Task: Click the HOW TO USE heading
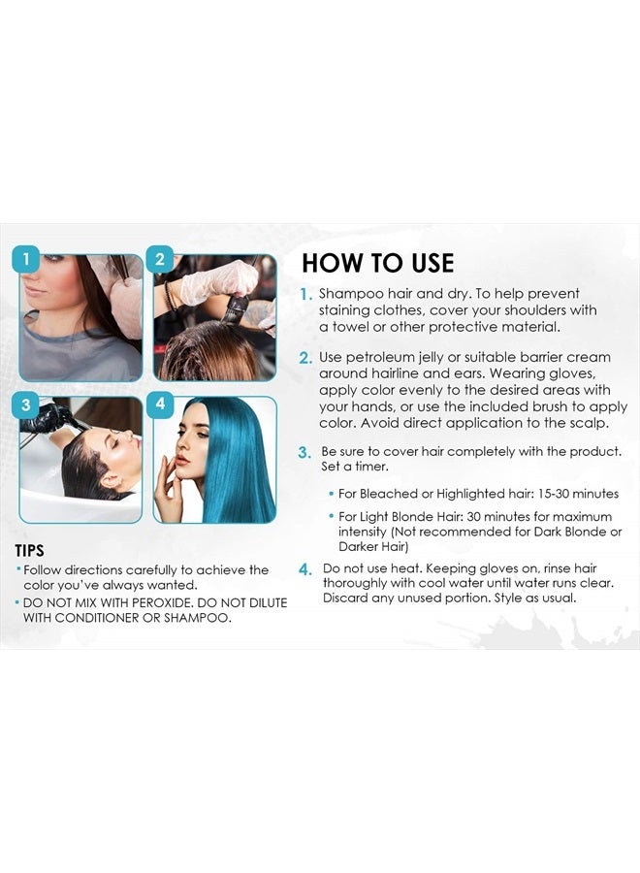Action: [x=377, y=263]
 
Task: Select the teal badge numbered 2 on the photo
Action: [x=161, y=259]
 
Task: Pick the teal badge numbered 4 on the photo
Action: [x=161, y=404]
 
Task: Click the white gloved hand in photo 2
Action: [x=218, y=283]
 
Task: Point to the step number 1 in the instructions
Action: [x=305, y=294]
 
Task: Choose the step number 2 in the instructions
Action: [x=305, y=358]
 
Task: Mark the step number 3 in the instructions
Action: [x=304, y=453]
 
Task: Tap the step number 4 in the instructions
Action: [x=305, y=569]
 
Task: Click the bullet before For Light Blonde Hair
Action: [x=331, y=517]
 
